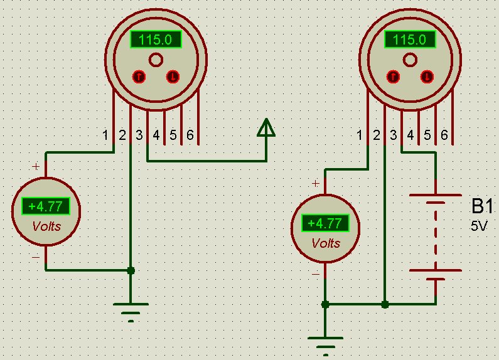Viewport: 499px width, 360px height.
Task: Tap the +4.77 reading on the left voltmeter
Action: (x=45, y=206)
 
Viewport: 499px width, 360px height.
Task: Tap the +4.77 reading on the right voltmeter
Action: (x=325, y=223)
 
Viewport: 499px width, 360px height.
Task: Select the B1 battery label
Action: (x=483, y=208)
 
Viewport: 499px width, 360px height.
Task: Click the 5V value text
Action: (x=478, y=226)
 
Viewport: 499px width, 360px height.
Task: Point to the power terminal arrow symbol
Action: (x=266, y=128)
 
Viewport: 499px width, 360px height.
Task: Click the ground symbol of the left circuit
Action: (x=131, y=310)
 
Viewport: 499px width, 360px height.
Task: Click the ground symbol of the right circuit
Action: (x=325, y=344)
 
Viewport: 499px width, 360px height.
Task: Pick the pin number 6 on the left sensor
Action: (x=190, y=135)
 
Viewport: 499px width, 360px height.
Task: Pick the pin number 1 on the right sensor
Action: (x=360, y=135)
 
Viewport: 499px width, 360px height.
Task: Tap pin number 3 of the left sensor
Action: (x=139, y=135)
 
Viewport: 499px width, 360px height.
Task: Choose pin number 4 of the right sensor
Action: (x=410, y=135)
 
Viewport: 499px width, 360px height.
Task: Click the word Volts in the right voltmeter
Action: (x=326, y=243)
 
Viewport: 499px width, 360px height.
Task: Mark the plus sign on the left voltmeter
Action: (x=36, y=167)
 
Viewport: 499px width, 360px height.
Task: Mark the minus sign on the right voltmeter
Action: (x=315, y=274)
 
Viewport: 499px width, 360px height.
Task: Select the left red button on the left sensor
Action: (x=139, y=77)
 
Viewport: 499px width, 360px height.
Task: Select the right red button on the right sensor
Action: (x=427, y=77)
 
